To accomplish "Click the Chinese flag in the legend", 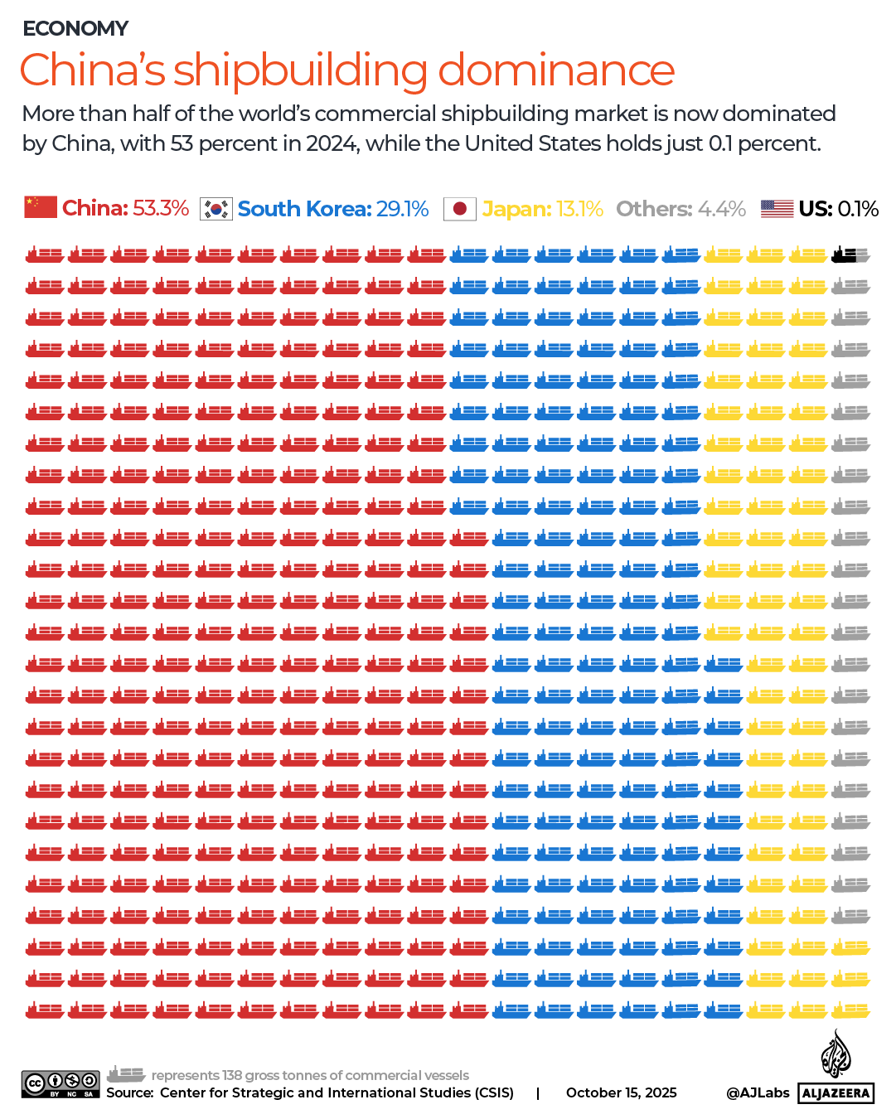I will coord(41,207).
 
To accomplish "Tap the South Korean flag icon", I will coord(216,209).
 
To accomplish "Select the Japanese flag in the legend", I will coord(460,209).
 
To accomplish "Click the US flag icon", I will coord(777,209).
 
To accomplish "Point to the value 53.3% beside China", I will coord(161,208).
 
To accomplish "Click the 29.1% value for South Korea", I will coord(402,209).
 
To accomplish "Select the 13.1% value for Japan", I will coord(579,209).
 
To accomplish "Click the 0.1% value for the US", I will coord(858,209).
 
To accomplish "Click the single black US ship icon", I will coord(845,255).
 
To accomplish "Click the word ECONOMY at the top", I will coord(75,29).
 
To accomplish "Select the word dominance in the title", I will coord(556,70).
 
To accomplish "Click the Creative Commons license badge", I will coord(61,1083).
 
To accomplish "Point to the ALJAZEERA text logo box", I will coord(835,1093).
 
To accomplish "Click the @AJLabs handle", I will coord(758,1092).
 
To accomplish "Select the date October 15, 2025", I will coord(621,1092).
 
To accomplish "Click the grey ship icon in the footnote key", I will coord(126,1074).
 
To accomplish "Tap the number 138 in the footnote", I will coord(231,1075).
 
